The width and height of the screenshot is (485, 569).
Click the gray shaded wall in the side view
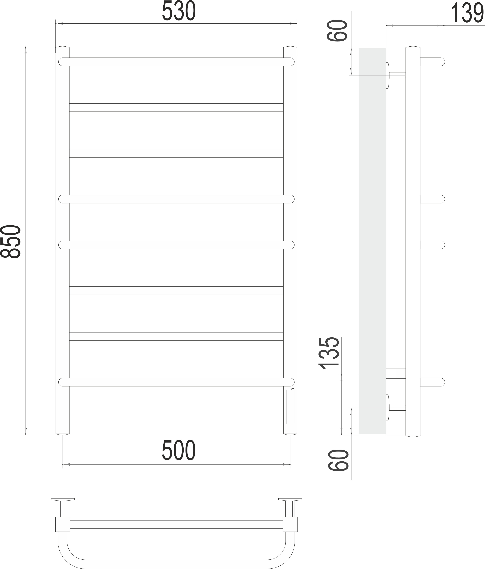point(372,242)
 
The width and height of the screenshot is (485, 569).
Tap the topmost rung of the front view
point(176,62)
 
